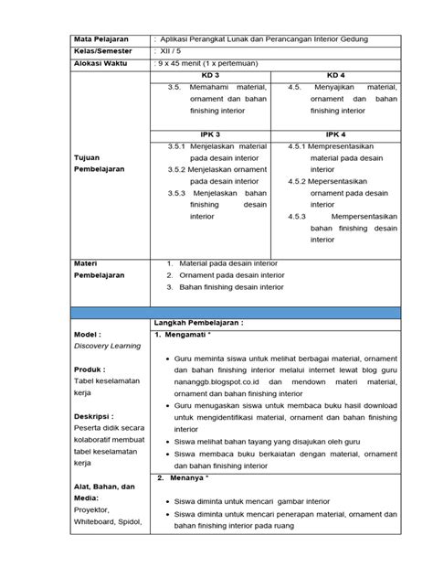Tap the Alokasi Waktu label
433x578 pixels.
pyautogui.click(x=102, y=66)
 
